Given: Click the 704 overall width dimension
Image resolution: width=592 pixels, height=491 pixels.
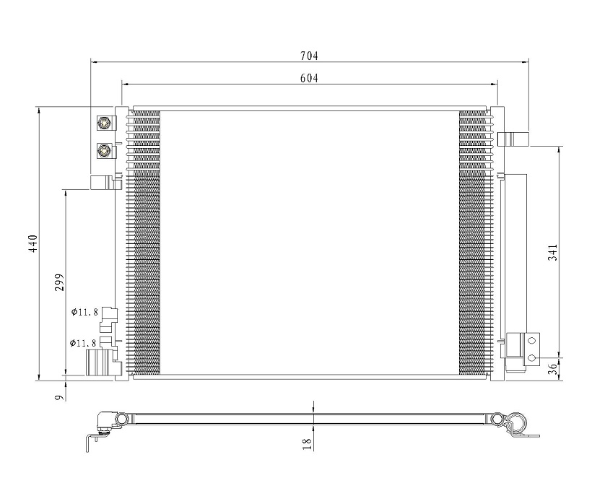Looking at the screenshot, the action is (x=309, y=56).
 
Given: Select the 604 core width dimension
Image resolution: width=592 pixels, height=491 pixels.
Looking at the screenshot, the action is (x=309, y=78).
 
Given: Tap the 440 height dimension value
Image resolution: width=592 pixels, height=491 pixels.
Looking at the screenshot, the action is (x=33, y=243).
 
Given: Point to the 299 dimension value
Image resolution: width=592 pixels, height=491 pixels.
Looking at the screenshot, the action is (x=59, y=282).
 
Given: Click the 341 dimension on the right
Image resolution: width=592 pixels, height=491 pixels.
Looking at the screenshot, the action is (x=552, y=252).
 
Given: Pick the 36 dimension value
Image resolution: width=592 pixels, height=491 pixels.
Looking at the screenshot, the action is (x=552, y=369).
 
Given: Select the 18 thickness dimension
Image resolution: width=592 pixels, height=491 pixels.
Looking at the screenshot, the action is (x=308, y=443).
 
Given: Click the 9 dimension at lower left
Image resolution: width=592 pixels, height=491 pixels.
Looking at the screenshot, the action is (x=58, y=397).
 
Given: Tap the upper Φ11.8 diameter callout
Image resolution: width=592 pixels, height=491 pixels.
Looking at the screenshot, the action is (x=84, y=312).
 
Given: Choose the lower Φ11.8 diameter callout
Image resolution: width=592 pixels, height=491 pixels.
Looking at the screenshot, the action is (x=83, y=343).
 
